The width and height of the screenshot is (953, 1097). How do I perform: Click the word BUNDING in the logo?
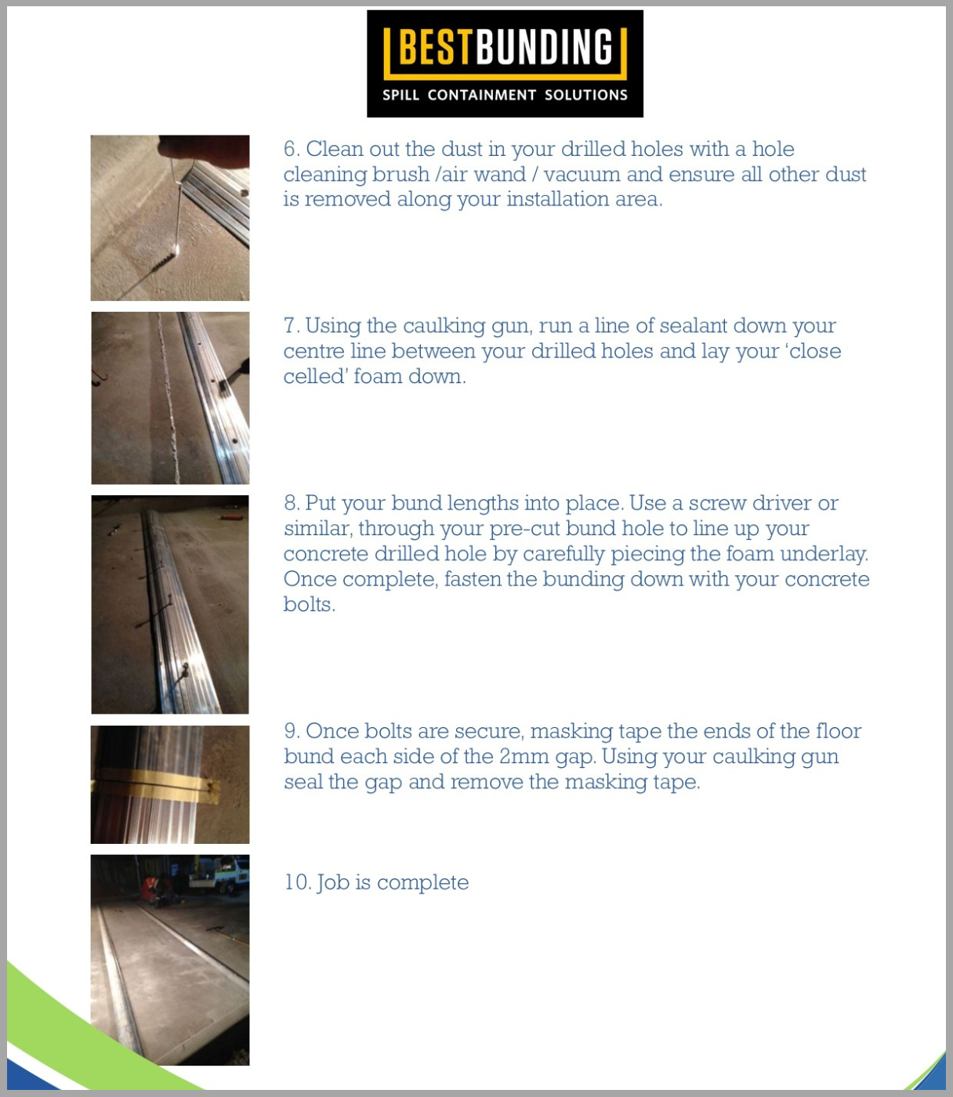coord(544,49)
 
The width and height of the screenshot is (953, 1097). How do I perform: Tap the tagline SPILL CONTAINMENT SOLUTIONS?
coord(505,95)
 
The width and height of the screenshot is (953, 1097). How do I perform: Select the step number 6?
coord(291,149)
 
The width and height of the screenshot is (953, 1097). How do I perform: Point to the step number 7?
coord(290,326)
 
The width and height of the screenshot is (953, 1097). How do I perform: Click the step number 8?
coord(291,503)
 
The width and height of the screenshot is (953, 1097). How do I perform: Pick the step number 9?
coord(291,731)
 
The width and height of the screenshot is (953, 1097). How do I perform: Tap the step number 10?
coord(297,882)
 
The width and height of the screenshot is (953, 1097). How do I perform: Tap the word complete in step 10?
coord(422,883)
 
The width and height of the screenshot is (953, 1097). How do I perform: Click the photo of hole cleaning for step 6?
coord(170,218)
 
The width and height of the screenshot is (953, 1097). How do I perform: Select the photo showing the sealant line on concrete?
coord(170,398)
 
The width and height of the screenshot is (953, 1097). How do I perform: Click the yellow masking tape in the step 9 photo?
coord(157,784)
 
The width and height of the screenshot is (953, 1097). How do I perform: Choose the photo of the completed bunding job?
coord(170,960)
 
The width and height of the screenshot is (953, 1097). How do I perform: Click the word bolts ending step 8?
coord(308,604)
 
